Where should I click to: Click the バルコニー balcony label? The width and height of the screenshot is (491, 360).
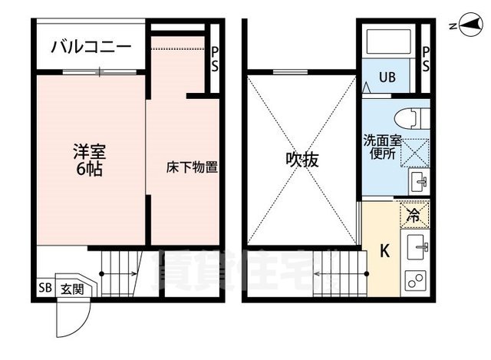pyautogui.click(x=90, y=47)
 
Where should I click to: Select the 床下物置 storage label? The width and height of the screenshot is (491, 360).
pyautogui.click(x=192, y=166)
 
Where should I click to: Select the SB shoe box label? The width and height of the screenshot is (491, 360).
pyautogui.click(x=44, y=289)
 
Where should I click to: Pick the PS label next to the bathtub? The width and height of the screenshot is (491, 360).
pyautogui.click(x=426, y=59)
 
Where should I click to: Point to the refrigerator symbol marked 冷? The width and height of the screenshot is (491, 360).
pyautogui.click(x=413, y=216)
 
